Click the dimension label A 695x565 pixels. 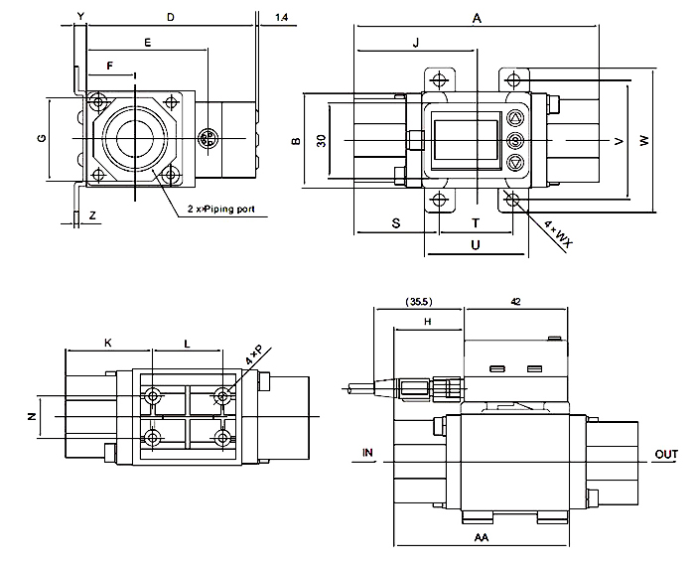pos(478,18)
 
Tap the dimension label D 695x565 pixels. pos(170,18)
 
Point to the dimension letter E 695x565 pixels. pos(148,43)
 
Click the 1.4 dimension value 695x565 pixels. pos(282,18)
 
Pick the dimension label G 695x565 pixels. pos(41,137)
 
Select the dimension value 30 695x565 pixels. pos(321,140)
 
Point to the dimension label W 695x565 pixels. pos(644,142)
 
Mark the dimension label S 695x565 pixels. pos(395,223)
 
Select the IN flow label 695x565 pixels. pos(367,453)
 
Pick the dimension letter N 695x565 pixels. pos(31,415)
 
